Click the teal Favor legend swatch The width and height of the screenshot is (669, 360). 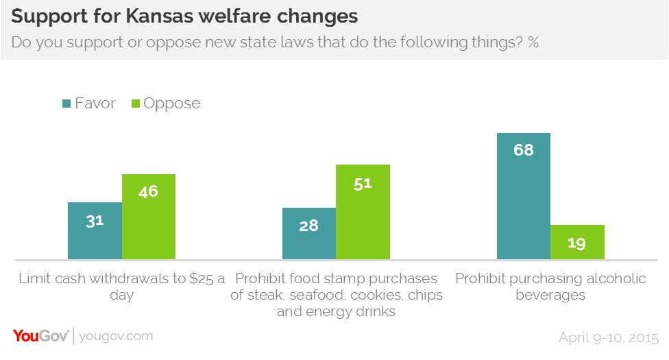(x=66, y=104)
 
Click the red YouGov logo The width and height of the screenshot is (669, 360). (x=40, y=336)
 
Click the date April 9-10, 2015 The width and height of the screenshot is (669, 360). (x=609, y=337)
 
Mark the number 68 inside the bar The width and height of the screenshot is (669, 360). (x=524, y=150)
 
